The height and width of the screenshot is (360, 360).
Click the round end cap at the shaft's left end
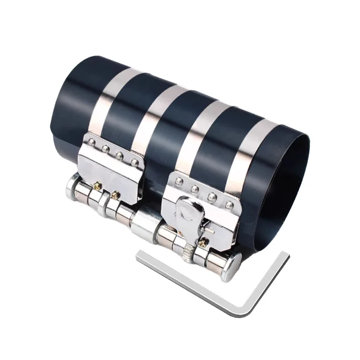[73, 187]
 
